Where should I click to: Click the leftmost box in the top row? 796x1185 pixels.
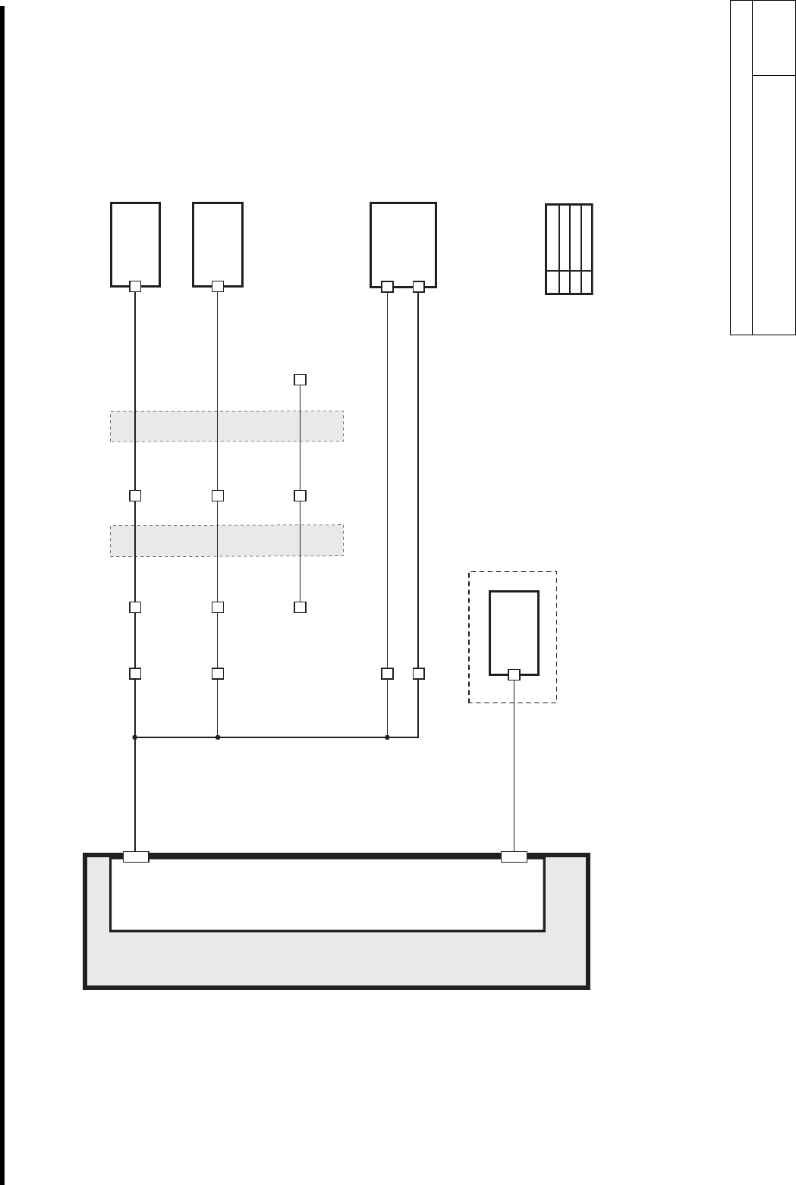(135, 243)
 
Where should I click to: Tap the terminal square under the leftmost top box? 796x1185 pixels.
(135, 286)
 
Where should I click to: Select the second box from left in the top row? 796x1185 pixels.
(218, 243)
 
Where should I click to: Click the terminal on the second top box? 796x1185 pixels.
(218, 286)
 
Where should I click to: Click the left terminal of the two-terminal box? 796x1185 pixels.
(387, 286)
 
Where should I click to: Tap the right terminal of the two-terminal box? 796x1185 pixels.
(418, 286)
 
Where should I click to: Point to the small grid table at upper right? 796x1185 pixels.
(569, 249)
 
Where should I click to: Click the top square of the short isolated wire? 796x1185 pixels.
(300, 379)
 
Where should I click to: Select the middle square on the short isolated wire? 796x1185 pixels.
(300, 495)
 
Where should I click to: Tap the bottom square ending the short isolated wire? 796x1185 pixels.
(300, 607)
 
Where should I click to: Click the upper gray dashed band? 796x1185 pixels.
(227, 426)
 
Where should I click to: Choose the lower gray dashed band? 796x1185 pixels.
(227, 540)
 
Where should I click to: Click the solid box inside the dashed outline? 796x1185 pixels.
(514, 632)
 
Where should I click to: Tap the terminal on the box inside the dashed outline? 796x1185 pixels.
(514, 674)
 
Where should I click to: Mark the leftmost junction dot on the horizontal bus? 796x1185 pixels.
(135, 737)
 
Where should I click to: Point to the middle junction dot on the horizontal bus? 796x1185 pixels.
(218, 737)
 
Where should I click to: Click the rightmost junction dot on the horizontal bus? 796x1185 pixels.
(387, 737)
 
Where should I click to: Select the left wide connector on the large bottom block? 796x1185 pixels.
(136, 857)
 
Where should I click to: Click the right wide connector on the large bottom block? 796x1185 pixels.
(514, 857)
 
